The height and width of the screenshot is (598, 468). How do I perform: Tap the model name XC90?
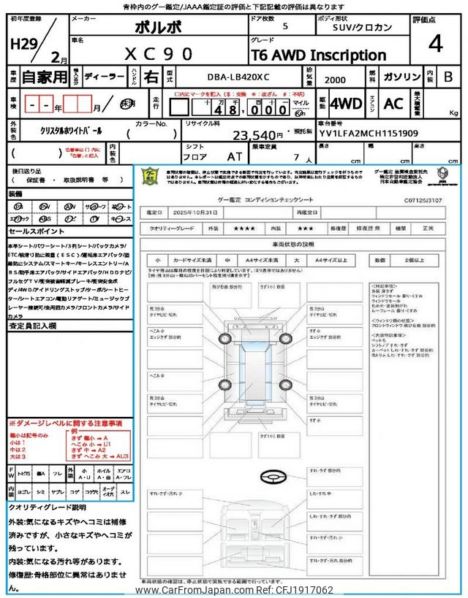click(159, 54)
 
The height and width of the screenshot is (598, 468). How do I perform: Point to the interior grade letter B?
click(449, 77)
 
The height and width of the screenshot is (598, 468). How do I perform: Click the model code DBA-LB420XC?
click(233, 77)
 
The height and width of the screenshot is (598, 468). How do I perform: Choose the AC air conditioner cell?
click(393, 104)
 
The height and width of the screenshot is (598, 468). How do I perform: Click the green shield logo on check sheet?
click(149, 176)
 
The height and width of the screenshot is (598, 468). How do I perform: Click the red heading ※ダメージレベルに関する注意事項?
click(66, 423)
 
